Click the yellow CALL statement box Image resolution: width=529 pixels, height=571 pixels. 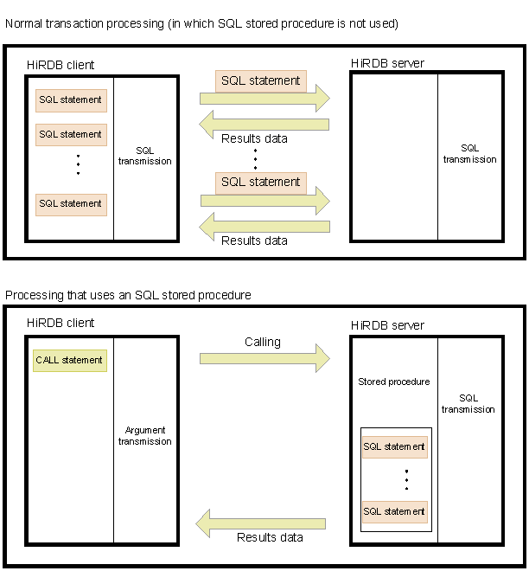[x=69, y=360]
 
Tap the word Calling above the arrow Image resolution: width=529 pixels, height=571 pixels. [x=262, y=342]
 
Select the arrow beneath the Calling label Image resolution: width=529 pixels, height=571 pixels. [x=264, y=358]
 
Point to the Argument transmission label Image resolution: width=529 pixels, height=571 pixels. [x=144, y=435]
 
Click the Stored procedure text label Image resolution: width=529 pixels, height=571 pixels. [x=393, y=382]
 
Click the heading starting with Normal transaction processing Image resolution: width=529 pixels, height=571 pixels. [x=201, y=23]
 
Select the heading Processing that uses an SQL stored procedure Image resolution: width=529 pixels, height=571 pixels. [x=128, y=295]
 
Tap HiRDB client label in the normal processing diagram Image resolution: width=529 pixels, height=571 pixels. [x=61, y=65]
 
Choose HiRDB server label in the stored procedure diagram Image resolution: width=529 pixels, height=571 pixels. [x=387, y=325]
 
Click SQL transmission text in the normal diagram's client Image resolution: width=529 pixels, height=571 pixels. [x=144, y=156]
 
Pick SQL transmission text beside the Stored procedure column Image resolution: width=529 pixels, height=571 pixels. [x=468, y=403]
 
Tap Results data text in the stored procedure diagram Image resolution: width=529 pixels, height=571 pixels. [x=270, y=537]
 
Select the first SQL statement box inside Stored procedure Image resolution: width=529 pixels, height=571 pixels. [x=394, y=446]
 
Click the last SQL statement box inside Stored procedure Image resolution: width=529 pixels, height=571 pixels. [x=394, y=511]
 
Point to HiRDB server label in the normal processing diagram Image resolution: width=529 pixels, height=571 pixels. [x=387, y=63]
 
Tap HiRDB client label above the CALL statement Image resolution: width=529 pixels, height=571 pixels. [x=61, y=323]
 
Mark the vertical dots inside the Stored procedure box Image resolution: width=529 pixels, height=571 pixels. [x=405, y=478]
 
